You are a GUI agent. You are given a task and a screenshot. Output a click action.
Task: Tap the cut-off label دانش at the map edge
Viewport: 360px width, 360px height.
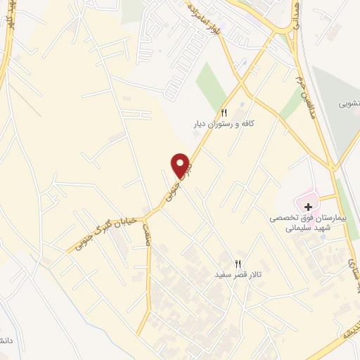click(5, 340)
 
